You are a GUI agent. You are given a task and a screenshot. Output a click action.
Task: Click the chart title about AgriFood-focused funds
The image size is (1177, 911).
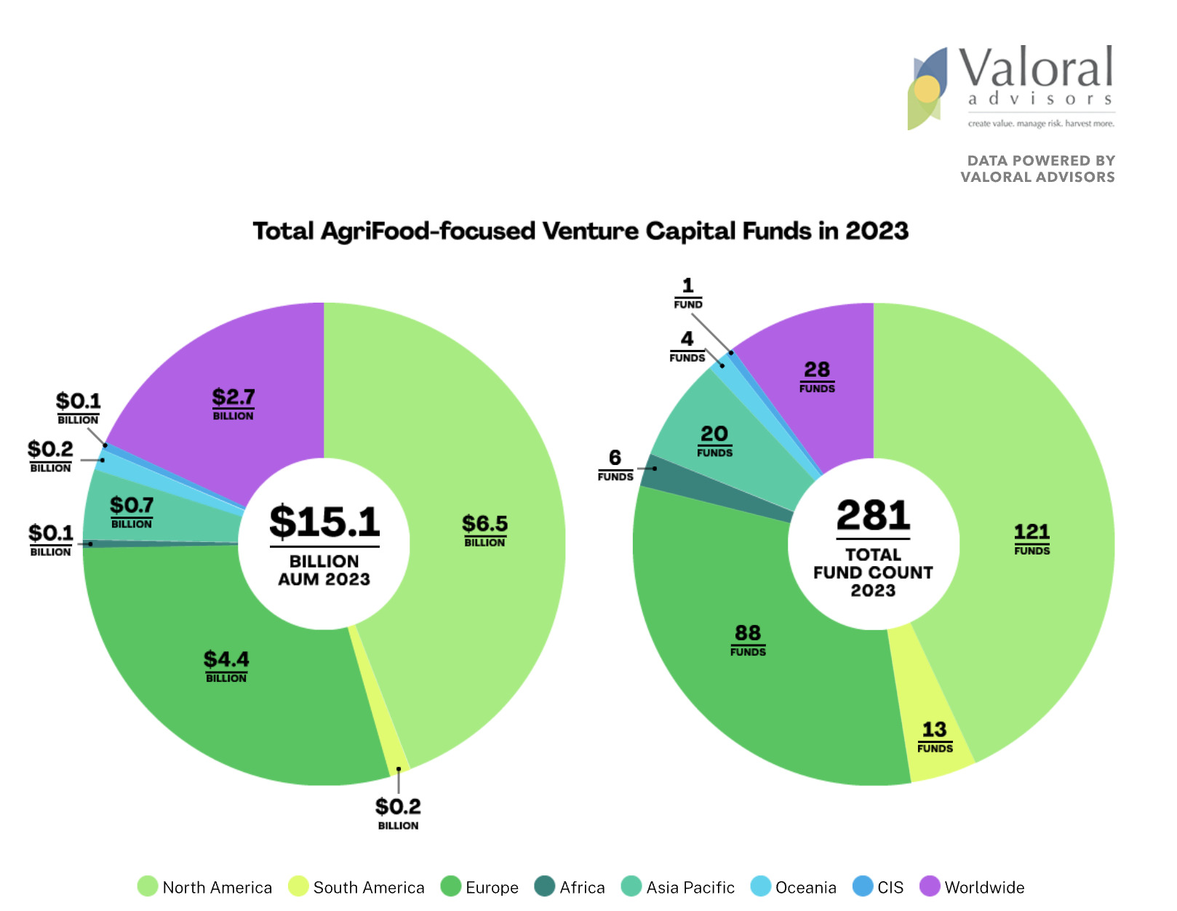(x=580, y=231)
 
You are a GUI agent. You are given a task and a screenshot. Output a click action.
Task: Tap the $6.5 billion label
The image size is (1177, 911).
(x=484, y=529)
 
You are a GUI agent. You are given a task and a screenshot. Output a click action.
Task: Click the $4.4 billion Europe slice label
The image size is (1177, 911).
(x=226, y=665)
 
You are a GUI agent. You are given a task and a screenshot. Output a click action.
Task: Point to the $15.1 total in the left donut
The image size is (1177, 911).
(x=324, y=522)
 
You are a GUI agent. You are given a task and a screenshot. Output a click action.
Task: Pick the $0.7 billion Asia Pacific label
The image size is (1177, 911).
(x=132, y=511)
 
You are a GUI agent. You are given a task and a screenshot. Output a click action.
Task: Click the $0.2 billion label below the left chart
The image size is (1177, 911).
(x=398, y=812)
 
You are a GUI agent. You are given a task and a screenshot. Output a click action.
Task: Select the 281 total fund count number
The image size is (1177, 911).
(x=873, y=515)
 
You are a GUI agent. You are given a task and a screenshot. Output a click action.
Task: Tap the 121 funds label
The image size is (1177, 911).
(x=1032, y=538)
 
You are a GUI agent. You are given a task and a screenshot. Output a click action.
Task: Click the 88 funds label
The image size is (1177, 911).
(x=748, y=639)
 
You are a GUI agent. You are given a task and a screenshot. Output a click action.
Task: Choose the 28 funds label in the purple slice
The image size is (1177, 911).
(x=817, y=375)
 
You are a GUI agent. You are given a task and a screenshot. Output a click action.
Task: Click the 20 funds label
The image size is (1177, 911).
(x=714, y=439)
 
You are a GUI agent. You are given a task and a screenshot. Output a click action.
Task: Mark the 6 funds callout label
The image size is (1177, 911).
(x=615, y=464)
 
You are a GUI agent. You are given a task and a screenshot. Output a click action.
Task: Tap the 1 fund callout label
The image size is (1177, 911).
(x=687, y=292)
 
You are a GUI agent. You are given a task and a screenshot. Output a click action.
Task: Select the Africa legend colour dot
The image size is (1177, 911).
(x=544, y=886)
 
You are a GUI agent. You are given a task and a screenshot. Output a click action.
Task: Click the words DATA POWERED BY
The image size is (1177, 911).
(x=1040, y=160)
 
